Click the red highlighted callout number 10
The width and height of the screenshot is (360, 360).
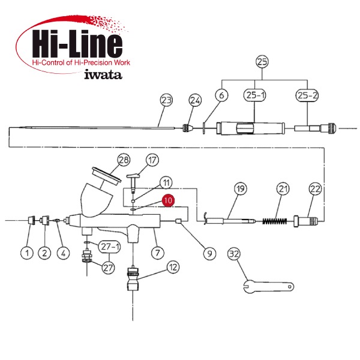pos(168,200)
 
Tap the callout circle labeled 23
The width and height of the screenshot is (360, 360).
pos(166,100)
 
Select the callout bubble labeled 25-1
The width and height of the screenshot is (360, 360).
pos(254,95)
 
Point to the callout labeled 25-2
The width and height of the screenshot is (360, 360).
pos(307,95)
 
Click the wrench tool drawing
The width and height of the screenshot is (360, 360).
pos(268,286)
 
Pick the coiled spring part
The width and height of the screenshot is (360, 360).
pos(275,221)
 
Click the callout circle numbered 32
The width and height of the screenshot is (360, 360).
pos(234,254)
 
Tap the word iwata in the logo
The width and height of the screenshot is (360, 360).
pos(103,74)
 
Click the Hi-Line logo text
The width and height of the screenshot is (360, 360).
pos(77,44)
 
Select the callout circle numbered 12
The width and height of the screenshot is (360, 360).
pos(173,267)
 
